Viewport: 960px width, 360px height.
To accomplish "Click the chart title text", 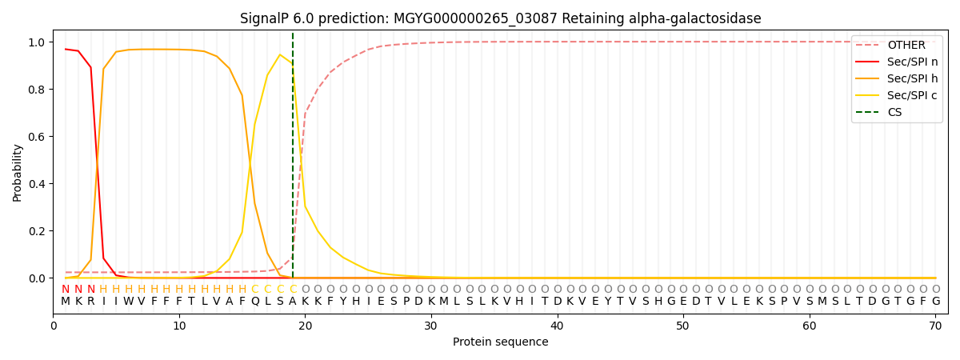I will tap(500, 18).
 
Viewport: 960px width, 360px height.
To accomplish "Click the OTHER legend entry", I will tap(906, 46).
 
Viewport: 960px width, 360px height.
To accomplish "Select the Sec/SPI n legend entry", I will tap(912, 62).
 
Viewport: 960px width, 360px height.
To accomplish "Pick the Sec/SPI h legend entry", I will tap(912, 79).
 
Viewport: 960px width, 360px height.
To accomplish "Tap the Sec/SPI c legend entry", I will tap(912, 96).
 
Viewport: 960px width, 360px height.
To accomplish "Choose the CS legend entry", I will tap(894, 113).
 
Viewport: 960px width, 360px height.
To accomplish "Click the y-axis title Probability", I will tap(17, 172).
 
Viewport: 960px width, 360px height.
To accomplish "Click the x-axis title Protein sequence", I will tap(500, 342).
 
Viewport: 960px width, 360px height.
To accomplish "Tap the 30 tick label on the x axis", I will tap(431, 326).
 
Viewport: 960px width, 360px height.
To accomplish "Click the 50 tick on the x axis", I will tap(683, 326).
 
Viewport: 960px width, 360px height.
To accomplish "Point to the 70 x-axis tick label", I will tap(935, 326).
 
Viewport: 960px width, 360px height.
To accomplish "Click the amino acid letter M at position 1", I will tap(66, 302).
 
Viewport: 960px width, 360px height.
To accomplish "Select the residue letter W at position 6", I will tap(129, 302).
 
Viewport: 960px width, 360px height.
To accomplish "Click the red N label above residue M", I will tap(66, 290).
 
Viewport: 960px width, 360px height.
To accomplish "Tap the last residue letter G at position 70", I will tap(935, 302).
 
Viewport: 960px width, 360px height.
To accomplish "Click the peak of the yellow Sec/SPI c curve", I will tap(280, 54).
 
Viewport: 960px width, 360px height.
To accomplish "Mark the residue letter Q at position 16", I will tap(254, 302).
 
